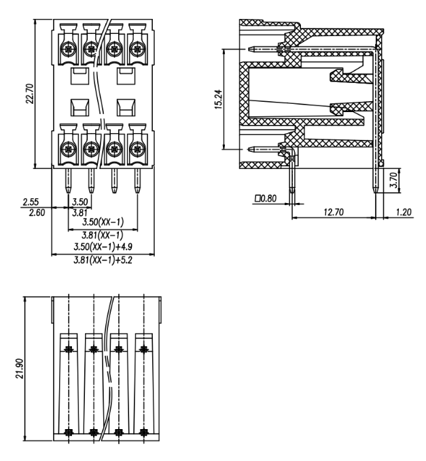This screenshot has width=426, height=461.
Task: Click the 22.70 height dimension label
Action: [x=30, y=94]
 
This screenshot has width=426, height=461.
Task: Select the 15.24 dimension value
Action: [x=219, y=99]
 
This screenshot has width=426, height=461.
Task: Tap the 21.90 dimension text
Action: [x=20, y=369]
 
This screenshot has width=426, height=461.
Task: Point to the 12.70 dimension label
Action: [x=334, y=212]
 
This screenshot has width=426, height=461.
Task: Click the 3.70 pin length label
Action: [x=393, y=180]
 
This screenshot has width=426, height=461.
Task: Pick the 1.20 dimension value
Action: [x=404, y=212]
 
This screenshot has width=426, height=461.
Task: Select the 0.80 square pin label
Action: [x=266, y=198]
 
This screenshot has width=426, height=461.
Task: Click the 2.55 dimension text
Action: [x=31, y=202]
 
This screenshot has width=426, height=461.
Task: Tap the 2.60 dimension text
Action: [x=37, y=213]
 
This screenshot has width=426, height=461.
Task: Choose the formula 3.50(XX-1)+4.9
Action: [x=103, y=246]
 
